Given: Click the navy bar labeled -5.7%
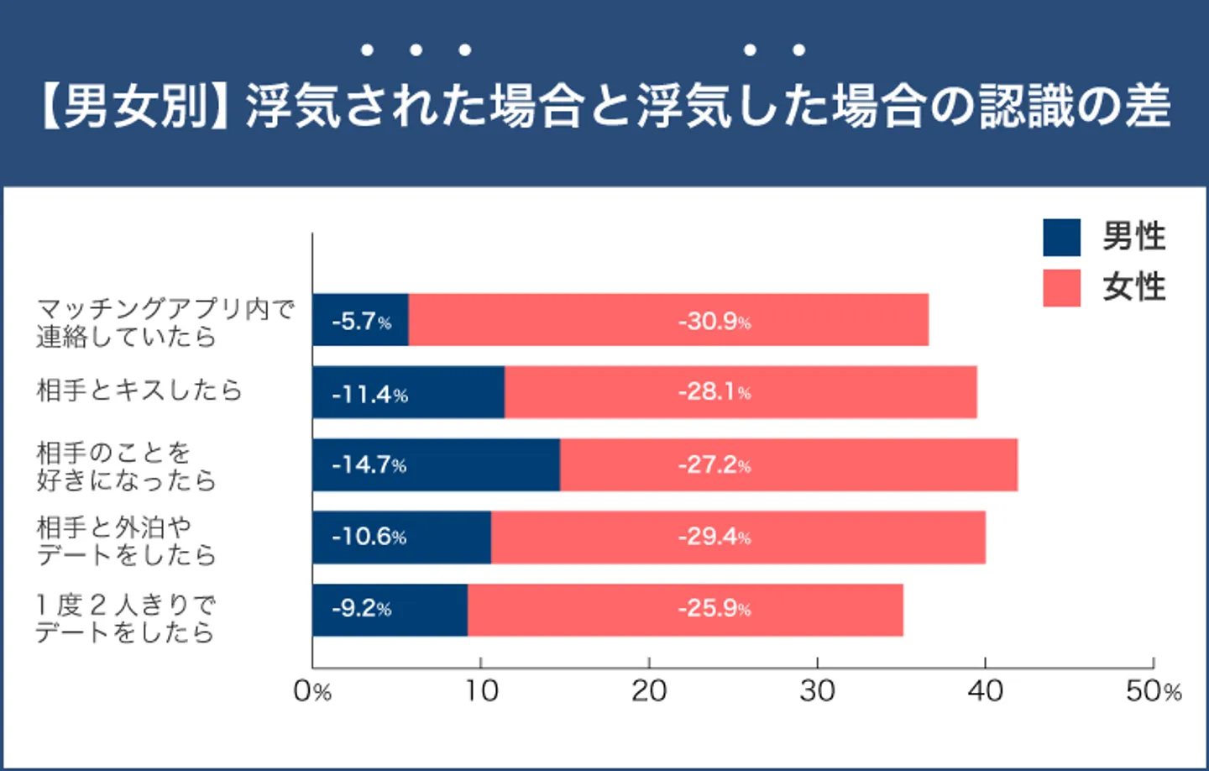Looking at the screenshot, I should (x=360, y=320).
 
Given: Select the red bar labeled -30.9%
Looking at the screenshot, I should (x=668, y=320).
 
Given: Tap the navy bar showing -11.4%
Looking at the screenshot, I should (x=408, y=392).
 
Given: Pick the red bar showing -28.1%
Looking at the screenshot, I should (x=741, y=392).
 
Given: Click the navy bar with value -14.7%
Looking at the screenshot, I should (x=436, y=464).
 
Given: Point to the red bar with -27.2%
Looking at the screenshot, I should (x=788, y=464).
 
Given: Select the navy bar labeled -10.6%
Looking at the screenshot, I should (x=401, y=538).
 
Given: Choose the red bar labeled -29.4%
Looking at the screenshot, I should (x=738, y=538).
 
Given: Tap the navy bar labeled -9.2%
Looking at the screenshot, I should (x=390, y=610).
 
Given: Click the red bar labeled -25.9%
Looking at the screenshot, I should (x=685, y=610).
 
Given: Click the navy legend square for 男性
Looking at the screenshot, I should (x=1061, y=238).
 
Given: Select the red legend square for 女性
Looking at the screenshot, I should (x=1061, y=288).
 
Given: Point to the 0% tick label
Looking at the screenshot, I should (x=312, y=691).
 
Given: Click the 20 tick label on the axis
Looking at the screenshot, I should (x=649, y=691).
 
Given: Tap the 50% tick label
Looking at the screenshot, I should (x=1153, y=691).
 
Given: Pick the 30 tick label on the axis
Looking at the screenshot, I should (x=817, y=691).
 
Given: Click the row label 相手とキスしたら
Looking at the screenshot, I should (x=139, y=390).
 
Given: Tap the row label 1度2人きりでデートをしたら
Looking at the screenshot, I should (x=125, y=618).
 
